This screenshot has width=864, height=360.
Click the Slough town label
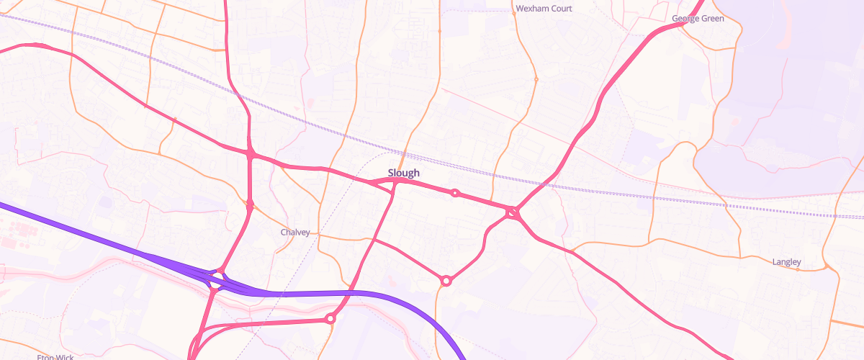403,173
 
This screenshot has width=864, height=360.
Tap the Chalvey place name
295,233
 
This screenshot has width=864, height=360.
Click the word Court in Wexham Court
560,9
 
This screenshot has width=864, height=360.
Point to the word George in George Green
685,18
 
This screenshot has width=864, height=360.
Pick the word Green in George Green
713,18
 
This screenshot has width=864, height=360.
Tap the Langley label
786,261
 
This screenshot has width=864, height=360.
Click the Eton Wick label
56,356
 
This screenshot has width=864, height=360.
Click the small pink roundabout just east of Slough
455,193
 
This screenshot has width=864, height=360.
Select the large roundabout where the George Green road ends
513,212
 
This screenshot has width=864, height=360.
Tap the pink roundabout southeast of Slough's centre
446,281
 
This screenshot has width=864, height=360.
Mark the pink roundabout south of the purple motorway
330,318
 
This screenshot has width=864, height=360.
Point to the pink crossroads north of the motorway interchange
251,153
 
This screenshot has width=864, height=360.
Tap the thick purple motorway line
108,241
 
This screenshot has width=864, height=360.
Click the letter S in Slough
391,173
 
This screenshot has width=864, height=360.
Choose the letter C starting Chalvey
283,233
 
